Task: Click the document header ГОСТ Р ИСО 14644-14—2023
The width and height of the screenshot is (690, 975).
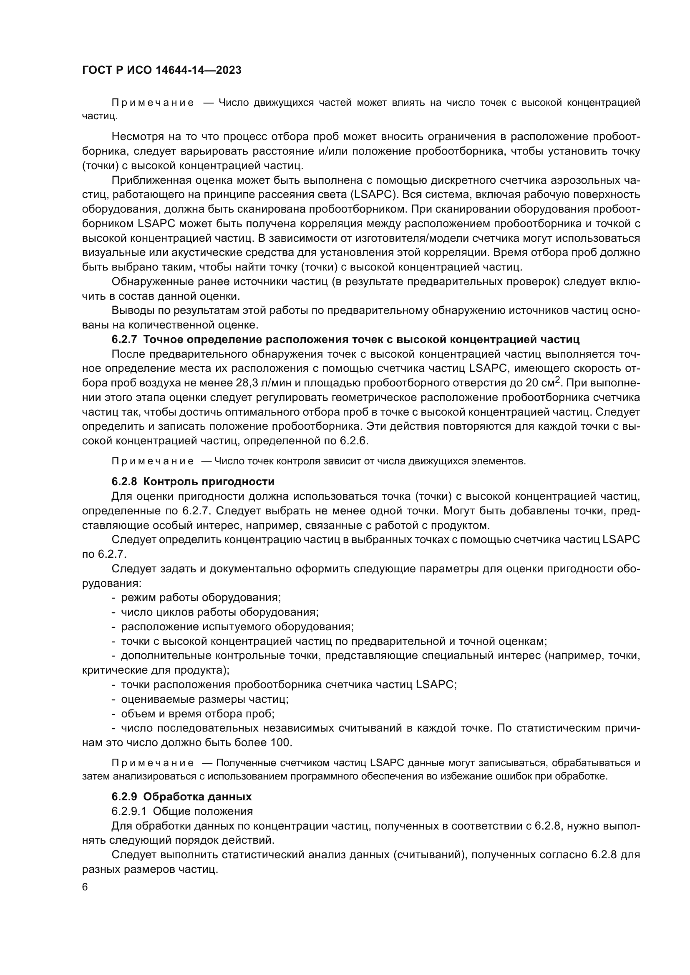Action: (x=161, y=70)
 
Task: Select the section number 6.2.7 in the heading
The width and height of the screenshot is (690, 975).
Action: (x=124, y=340)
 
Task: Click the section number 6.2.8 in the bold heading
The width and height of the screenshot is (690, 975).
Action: (x=124, y=481)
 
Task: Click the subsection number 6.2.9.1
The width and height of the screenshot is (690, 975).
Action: (x=129, y=811)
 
